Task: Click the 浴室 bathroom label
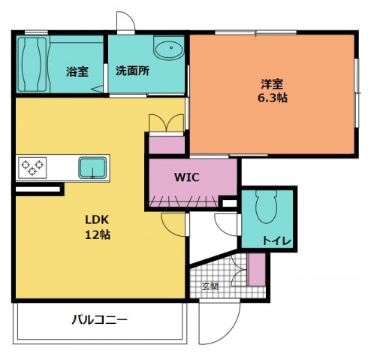point(77,71)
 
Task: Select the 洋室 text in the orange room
point(271,84)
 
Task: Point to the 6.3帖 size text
point(271,98)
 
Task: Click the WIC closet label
point(186,179)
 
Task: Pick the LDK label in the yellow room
point(96,220)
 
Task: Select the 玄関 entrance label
point(210,286)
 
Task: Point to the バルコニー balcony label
point(99,319)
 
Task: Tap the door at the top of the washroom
point(126,23)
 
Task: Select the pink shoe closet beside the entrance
point(257,271)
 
